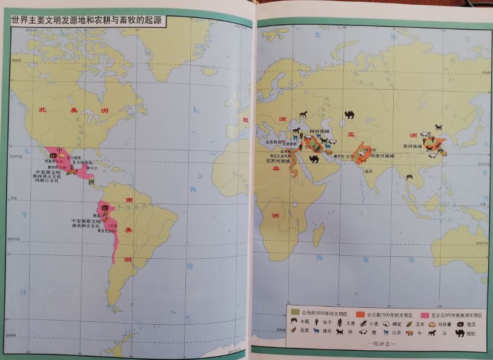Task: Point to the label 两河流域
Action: (x=319, y=131)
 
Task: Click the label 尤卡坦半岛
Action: (x=82, y=162)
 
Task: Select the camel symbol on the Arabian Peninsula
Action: (x=314, y=159)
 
